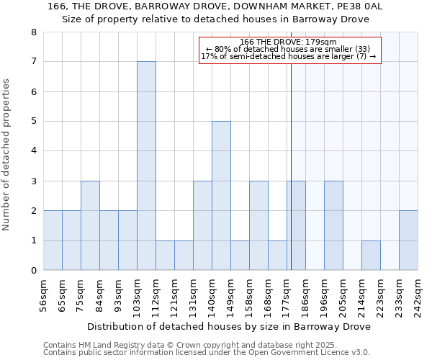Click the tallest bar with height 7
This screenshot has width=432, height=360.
tap(146, 166)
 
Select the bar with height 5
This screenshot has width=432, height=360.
tap(221, 196)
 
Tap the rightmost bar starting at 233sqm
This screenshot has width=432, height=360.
tap(408, 240)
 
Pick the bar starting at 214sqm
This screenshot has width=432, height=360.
tap(371, 256)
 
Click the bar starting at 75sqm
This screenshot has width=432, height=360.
tap(90, 225)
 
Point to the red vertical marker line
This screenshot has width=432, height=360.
tap(291, 158)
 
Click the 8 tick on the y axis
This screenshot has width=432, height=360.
tap(33, 32)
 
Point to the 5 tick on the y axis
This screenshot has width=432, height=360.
tap(33, 122)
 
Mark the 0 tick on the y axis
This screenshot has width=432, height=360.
tap(33, 271)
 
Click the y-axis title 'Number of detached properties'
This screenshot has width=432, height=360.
tap(7, 155)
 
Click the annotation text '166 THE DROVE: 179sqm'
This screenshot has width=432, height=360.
tap(288, 42)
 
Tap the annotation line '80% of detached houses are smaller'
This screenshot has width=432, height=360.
tap(288, 49)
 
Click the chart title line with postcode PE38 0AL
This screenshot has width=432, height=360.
tap(215, 6)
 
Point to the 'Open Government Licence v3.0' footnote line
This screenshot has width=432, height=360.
tap(207, 353)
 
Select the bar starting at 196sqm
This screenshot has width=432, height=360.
tap(333, 225)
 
